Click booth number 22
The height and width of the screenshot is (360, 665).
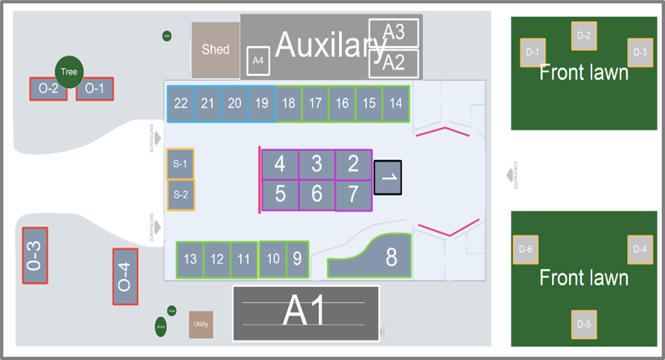(x=181, y=104)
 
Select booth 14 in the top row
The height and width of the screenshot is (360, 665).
(x=396, y=104)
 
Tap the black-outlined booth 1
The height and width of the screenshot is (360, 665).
(x=388, y=177)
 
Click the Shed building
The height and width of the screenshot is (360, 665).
(x=216, y=50)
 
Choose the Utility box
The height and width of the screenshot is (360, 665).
(x=201, y=325)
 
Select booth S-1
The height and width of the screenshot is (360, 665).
(x=180, y=164)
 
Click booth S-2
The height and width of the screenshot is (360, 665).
(x=181, y=195)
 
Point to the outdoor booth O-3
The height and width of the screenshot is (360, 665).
(x=35, y=255)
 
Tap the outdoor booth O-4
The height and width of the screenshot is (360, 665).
(x=125, y=277)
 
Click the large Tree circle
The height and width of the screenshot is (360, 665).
(x=69, y=72)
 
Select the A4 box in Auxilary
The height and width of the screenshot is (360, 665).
(x=258, y=61)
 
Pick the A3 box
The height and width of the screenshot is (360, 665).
(x=394, y=33)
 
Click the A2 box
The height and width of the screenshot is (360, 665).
(x=394, y=63)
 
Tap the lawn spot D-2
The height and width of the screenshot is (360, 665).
(x=584, y=36)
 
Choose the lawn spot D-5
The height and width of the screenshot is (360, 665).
(x=584, y=325)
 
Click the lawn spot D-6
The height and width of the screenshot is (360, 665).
(x=526, y=250)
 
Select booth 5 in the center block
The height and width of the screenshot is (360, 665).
(x=280, y=194)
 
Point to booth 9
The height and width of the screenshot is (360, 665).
(x=297, y=259)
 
